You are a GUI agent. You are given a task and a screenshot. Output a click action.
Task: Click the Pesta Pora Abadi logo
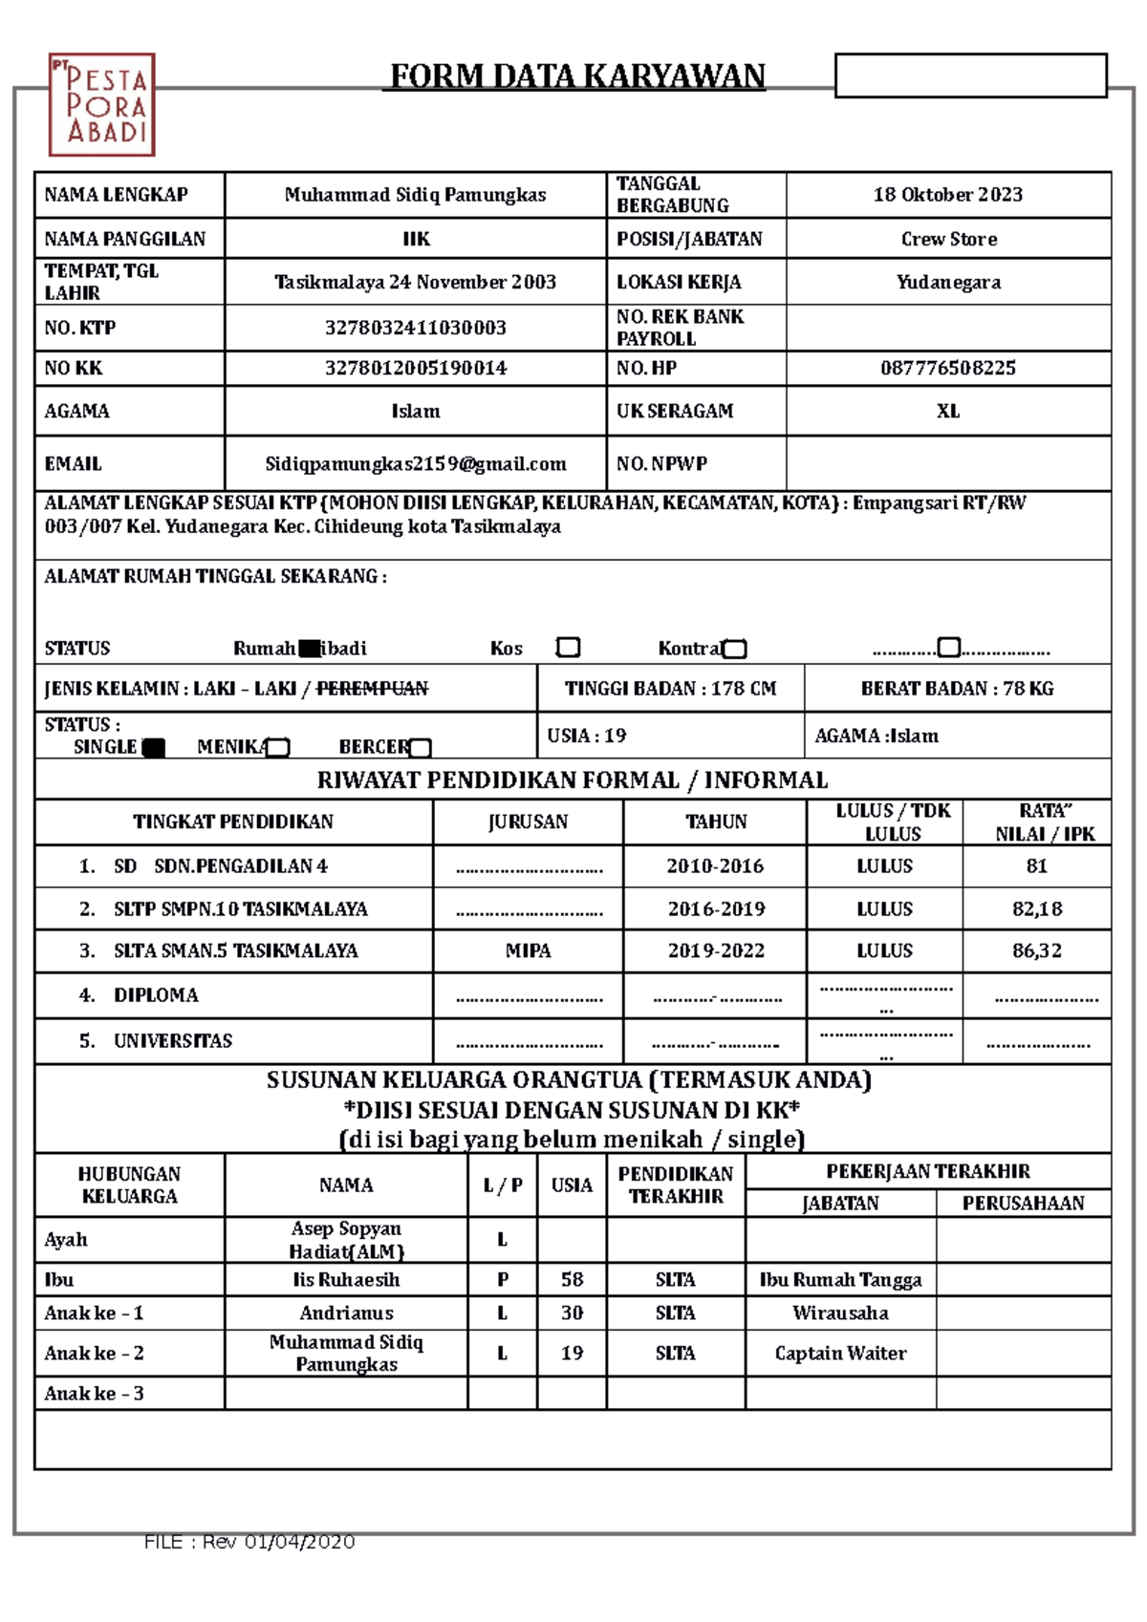point(101,105)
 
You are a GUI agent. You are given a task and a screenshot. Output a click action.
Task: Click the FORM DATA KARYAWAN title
point(577,75)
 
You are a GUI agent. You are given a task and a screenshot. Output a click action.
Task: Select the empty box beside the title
point(970,75)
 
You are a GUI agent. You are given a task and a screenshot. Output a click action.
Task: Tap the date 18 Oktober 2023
point(947,195)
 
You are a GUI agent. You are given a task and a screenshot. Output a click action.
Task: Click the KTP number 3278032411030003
point(416,328)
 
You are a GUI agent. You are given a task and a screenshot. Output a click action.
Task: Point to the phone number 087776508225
point(947,368)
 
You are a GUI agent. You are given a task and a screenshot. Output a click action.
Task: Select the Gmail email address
point(416,464)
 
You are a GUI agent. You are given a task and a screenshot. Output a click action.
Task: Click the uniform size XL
point(947,411)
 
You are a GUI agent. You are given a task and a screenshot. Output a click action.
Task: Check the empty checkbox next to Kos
point(568,648)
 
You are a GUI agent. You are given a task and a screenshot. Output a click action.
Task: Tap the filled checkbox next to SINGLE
point(153,748)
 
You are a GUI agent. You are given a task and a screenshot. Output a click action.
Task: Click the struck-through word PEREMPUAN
point(372,688)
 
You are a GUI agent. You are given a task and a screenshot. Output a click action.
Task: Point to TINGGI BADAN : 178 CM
point(670,688)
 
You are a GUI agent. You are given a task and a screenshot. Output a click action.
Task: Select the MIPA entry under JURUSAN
point(528,950)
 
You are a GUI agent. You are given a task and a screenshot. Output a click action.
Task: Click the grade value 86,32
point(1036,950)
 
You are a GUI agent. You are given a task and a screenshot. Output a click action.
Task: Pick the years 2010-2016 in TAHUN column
point(715,866)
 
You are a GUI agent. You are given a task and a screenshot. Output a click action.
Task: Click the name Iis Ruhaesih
point(346,1280)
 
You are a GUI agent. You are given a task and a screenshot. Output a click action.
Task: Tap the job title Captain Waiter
point(840,1353)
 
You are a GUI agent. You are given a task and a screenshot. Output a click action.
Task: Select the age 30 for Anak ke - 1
point(572,1313)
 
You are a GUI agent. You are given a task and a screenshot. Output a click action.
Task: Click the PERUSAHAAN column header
point(1023,1204)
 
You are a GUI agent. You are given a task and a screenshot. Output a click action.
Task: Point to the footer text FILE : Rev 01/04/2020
point(249,1542)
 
